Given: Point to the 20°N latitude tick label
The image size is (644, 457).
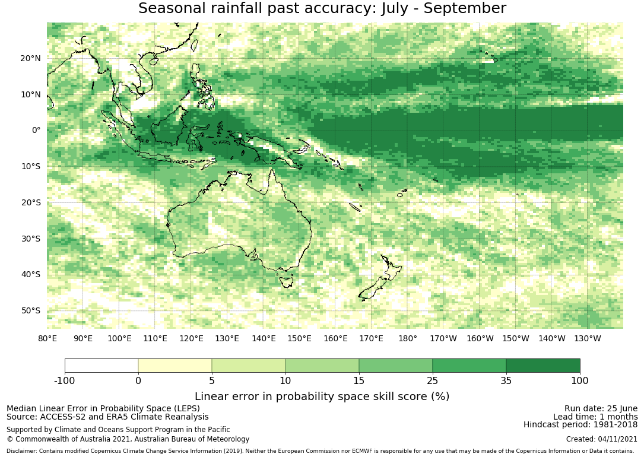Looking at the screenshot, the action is (x=30, y=58).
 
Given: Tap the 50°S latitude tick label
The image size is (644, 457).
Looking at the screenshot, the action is (x=30, y=310).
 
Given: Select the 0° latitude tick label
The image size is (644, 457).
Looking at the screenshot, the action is (x=36, y=130).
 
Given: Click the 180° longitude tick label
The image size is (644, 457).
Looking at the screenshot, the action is (x=407, y=338).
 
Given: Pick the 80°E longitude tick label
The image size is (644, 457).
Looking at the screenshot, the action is (x=47, y=338).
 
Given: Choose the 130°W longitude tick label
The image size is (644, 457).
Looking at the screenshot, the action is (x=588, y=338).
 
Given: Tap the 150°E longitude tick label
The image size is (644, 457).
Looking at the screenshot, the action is (x=299, y=338).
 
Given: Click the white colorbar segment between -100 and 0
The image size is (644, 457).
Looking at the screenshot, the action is (x=101, y=366).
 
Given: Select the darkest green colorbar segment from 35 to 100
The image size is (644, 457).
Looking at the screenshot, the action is (x=543, y=366).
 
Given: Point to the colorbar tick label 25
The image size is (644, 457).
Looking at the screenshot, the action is (x=433, y=380).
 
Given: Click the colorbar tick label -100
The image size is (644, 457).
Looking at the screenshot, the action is (x=65, y=380).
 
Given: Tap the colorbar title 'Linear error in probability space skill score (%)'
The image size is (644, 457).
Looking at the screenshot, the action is (x=322, y=396).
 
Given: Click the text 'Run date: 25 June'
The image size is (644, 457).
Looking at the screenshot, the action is (x=601, y=408).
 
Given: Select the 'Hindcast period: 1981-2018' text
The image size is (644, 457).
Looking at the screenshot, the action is (x=580, y=424).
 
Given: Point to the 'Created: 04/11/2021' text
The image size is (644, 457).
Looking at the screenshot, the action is (x=602, y=439).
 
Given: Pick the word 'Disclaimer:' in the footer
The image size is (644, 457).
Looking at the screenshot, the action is (x=22, y=451).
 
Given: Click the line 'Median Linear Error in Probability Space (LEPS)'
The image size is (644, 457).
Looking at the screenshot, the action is (x=103, y=408).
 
